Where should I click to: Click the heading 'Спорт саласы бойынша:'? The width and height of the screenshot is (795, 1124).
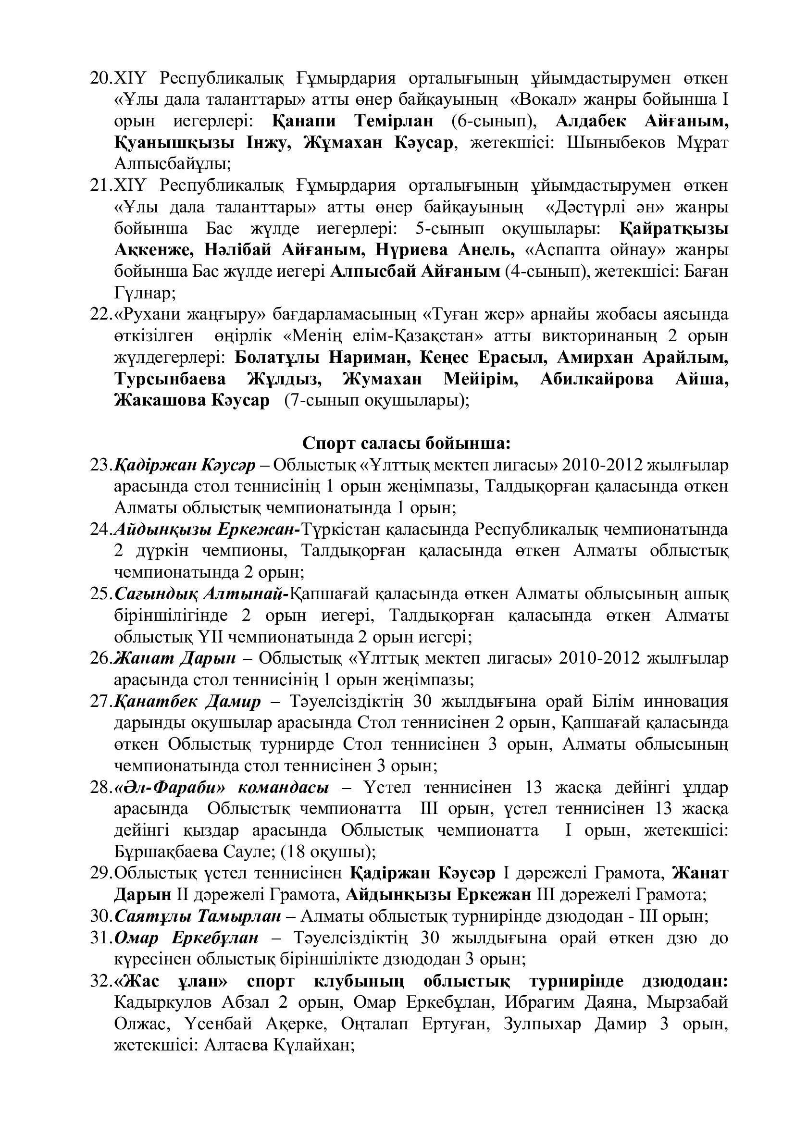(x=406, y=444)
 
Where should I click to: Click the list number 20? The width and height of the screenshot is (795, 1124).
(x=101, y=78)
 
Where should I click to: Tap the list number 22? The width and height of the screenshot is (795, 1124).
(x=101, y=315)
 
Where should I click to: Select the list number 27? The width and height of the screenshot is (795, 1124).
(x=101, y=702)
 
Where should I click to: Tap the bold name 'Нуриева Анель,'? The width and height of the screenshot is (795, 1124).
(x=445, y=250)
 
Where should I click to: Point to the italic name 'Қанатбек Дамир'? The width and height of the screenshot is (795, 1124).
(x=187, y=702)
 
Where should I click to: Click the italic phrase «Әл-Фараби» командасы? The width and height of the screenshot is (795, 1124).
(x=221, y=788)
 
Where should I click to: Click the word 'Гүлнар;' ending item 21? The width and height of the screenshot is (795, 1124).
(x=144, y=293)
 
